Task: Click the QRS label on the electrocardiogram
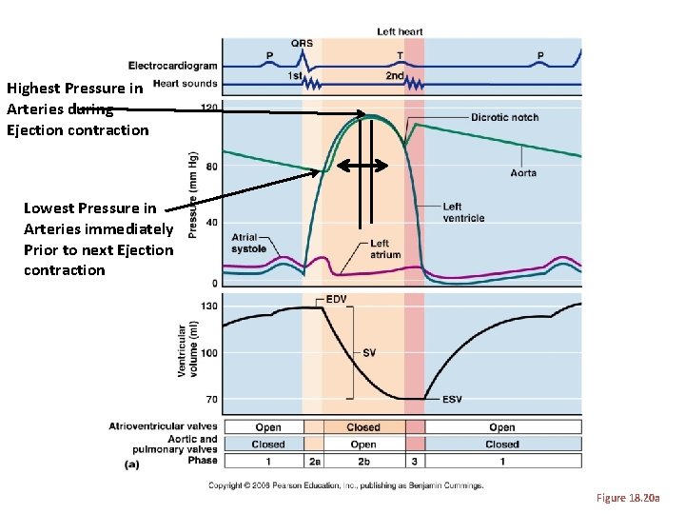coord(302,43)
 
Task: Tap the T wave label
coord(399,55)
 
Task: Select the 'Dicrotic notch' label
coord(504,118)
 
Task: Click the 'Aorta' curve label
coord(523,172)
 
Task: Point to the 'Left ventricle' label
coord(463,212)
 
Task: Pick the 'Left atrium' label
coord(385,249)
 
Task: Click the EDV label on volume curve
coord(336,299)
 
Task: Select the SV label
coord(369,352)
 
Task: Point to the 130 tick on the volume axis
coord(209,306)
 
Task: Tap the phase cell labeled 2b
coord(362,461)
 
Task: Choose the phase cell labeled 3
coord(415,461)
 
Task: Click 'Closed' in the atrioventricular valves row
coord(362,427)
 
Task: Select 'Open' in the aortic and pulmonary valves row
coord(362,444)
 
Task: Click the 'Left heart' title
coord(400,31)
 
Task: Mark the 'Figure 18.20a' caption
coord(627,498)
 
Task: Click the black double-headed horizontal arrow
coord(363,167)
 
